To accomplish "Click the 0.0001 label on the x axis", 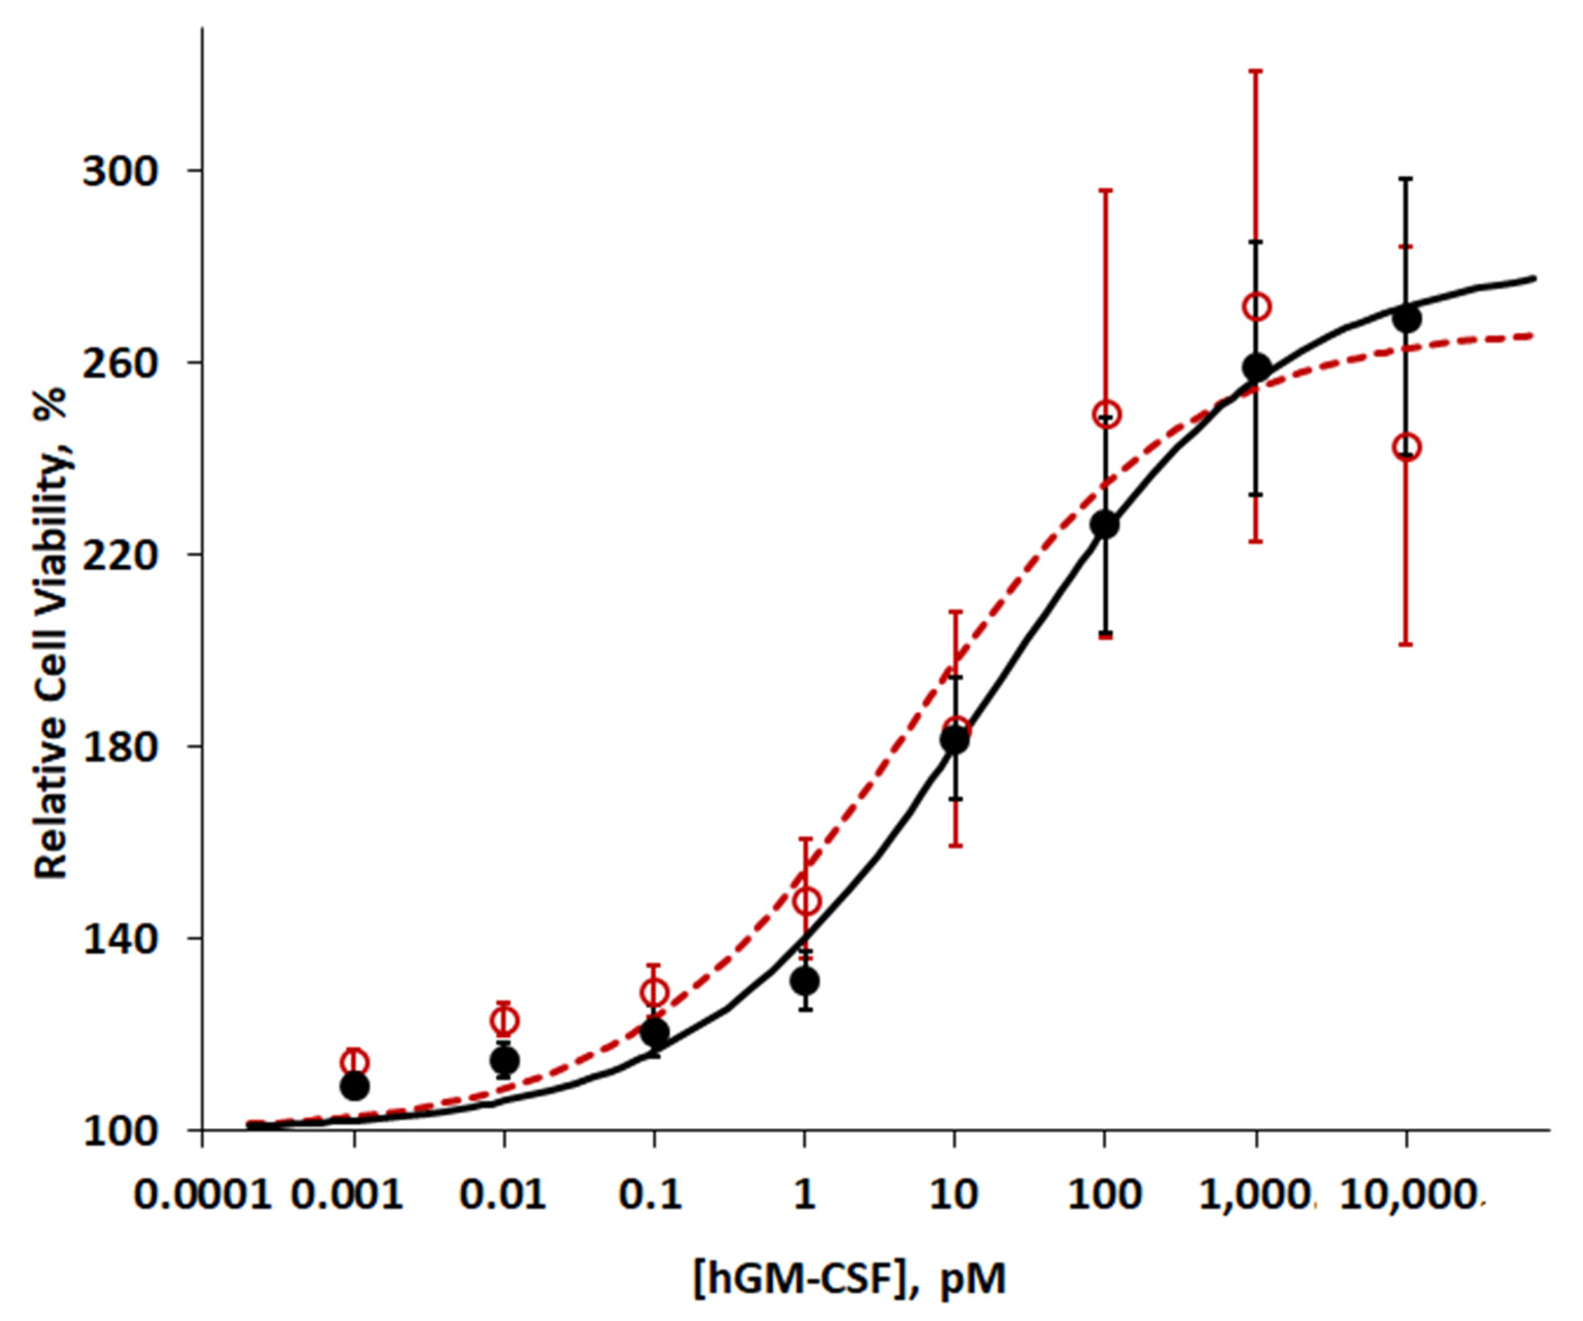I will pyautogui.click(x=202, y=1195).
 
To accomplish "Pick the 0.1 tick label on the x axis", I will pyautogui.click(x=651, y=1195).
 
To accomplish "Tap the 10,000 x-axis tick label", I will pyautogui.click(x=1406, y=1195).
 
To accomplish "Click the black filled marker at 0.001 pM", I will pyautogui.click(x=354, y=1087).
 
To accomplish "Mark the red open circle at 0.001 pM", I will pyautogui.click(x=354, y=1062).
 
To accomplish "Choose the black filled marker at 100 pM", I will pyautogui.click(x=1105, y=525).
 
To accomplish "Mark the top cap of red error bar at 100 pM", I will pyautogui.click(x=1105, y=191).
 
